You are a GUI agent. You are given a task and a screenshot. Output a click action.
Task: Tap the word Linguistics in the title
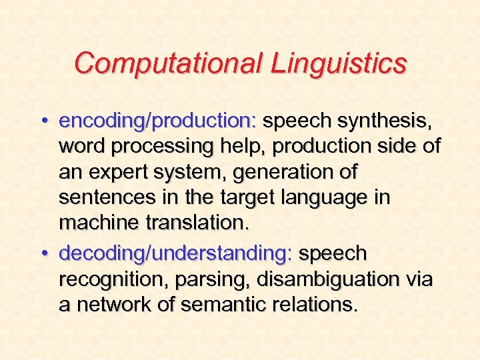(x=338, y=63)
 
